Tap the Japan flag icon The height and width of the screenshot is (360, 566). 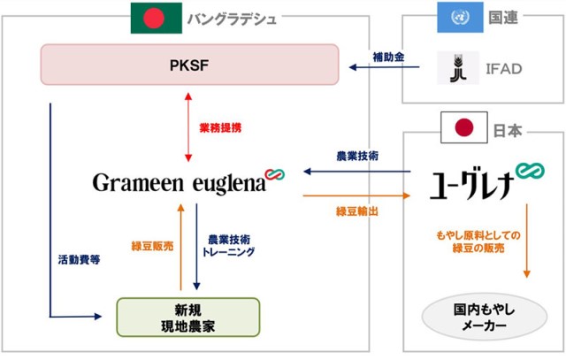461,130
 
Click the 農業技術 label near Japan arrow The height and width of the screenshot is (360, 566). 358,156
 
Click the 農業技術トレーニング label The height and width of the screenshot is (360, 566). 230,245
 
